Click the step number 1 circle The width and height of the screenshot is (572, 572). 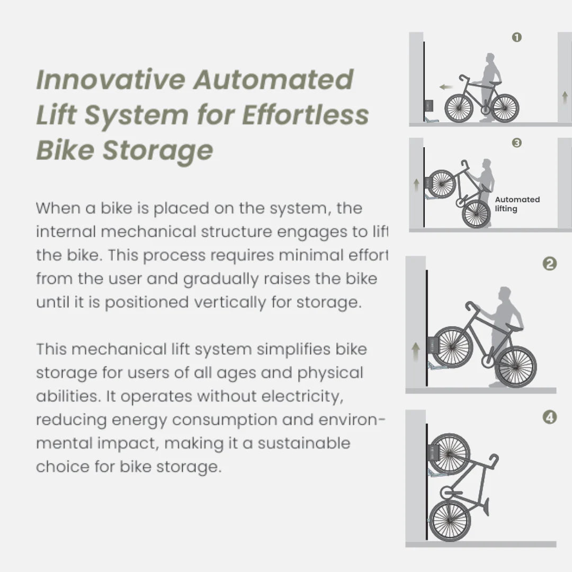[x=517, y=37]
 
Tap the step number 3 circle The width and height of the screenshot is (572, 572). [x=517, y=142]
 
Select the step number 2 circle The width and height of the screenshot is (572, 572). [x=550, y=264]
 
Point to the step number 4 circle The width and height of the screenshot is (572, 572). [x=550, y=417]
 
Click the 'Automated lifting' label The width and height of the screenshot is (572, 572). [x=517, y=204]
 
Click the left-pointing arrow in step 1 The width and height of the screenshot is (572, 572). [x=445, y=87]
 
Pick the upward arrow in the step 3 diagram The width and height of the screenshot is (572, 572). [x=416, y=184]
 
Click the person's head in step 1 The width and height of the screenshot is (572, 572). [x=490, y=58]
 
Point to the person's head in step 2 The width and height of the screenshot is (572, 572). [x=505, y=293]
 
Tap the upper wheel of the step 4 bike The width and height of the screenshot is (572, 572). [x=449, y=454]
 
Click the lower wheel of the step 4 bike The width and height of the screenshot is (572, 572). [x=450, y=521]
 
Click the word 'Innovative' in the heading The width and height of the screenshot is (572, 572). [x=111, y=80]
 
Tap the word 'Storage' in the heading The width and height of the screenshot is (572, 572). [x=157, y=150]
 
